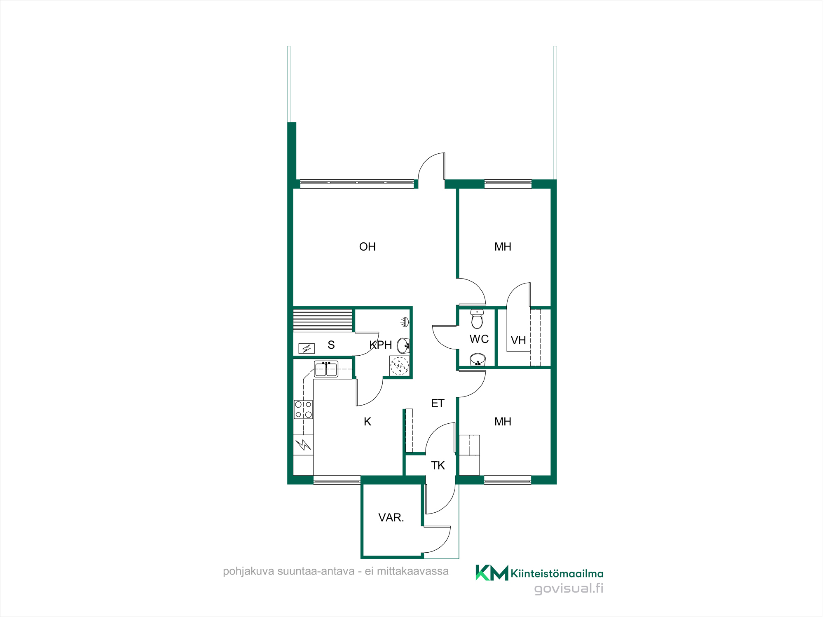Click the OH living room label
click(368, 247)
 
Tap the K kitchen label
click(368, 422)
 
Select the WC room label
click(479, 339)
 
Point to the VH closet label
click(518, 340)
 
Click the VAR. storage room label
click(391, 518)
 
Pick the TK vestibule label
click(438, 466)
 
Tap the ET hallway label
click(438, 404)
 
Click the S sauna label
click(331, 345)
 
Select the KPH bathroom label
click(381, 345)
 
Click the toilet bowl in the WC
click(477, 319)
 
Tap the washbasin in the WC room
click(478, 360)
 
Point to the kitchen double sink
click(326, 369)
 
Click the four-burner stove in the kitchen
click(303, 410)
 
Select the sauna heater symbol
click(307, 349)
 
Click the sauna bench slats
click(323, 320)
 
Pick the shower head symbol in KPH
click(405, 322)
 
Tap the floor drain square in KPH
click(400, 366)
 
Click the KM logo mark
click(492, 572)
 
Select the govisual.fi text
click(569, 589)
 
